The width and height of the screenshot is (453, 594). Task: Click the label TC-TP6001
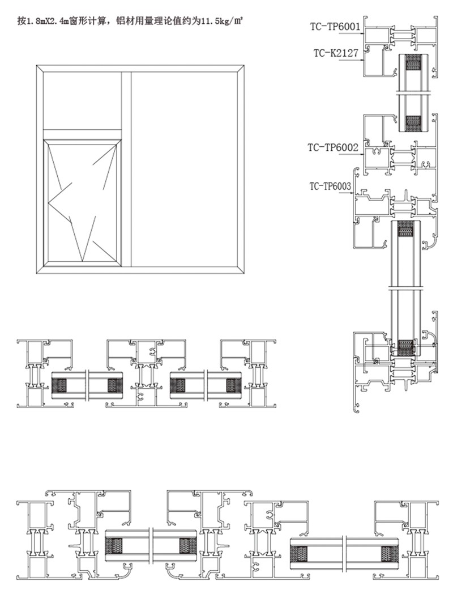(x=335, y=27)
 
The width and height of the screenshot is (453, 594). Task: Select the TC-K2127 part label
(x=336, y=53)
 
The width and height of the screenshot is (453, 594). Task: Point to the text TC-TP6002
(x=333, y=147)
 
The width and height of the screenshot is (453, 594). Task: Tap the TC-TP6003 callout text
(x=330, y=186)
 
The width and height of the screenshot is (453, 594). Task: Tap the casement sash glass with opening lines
(x=82, y=202)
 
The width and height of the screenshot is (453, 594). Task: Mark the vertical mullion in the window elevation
(x=126, y=169)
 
